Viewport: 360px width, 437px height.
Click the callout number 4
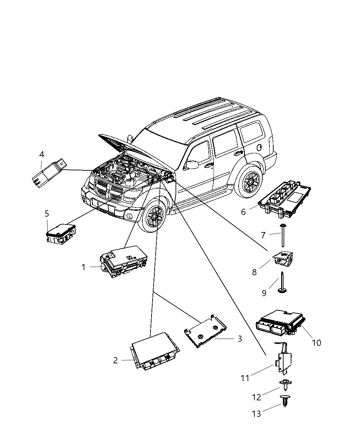tap(41, 154)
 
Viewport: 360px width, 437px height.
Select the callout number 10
tap(316, 342)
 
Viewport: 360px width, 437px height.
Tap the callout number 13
tap(256, 414)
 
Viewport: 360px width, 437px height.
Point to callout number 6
tap(243, 212)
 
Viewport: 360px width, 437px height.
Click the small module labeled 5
tap(61, 234)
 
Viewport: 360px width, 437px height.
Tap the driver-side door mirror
tap(191, 165)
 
